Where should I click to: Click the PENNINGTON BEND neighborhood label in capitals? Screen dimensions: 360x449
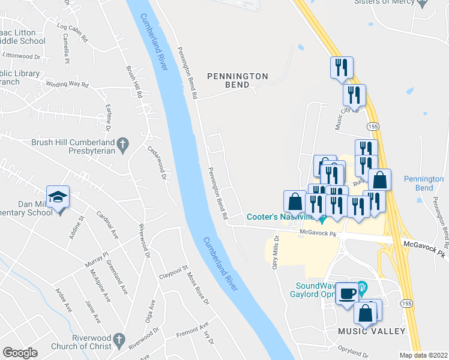[x=237, y=80]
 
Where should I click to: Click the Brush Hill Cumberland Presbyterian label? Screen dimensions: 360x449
[x=73, y=147]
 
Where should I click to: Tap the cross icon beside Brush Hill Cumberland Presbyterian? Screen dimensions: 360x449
[x=122, y=144]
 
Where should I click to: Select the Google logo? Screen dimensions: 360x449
[x=20, y=353]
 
